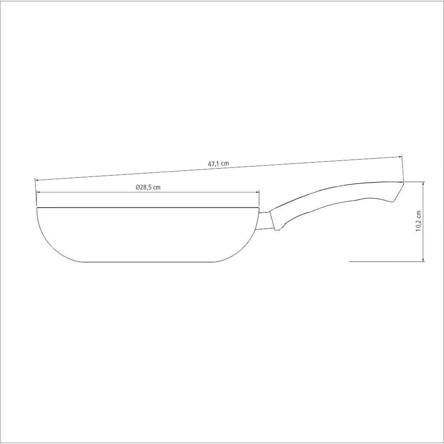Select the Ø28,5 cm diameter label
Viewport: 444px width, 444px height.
coord(148,187)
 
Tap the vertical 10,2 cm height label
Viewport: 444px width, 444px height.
coord(419,221)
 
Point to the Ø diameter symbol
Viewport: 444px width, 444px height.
coord(138,187)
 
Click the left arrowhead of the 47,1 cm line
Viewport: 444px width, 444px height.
coord(37,180)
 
